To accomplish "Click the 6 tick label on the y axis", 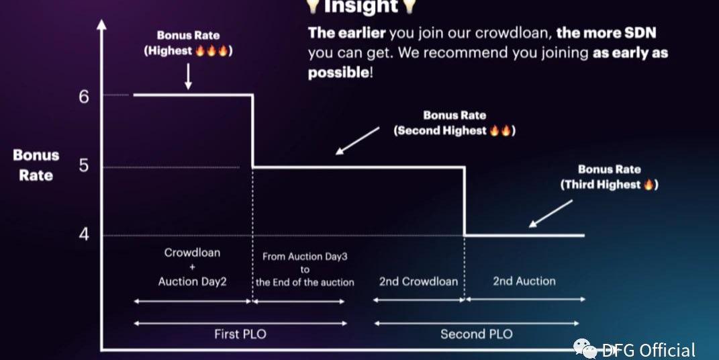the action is tap(83, 96).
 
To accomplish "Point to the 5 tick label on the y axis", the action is tap(83, 165).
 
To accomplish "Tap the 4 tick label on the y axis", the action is tap(84, 234).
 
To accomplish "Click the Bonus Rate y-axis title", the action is tap(36, 165).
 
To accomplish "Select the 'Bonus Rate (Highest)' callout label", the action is tap(188, 43).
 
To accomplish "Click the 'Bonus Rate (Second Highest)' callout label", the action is tap(454, 123).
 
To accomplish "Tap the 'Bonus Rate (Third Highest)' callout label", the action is tap(609, 177).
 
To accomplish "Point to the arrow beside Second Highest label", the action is tap(358, 141).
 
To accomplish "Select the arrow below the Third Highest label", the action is tap(550, 214).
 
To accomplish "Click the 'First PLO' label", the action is tap(240, 334).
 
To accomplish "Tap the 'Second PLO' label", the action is tap(477, 334).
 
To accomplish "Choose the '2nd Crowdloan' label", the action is tap(418, 281).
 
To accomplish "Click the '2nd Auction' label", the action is tap(524, 281).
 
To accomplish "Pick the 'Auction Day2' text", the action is tap(192, 281).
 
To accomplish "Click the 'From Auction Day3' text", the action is tap(305, 257).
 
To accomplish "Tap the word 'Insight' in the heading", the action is tap(361, 6).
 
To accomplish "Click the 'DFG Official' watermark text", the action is tap(649, 351).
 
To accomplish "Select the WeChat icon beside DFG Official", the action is tap(585, 349).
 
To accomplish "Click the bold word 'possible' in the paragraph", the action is tap(338, 73).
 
